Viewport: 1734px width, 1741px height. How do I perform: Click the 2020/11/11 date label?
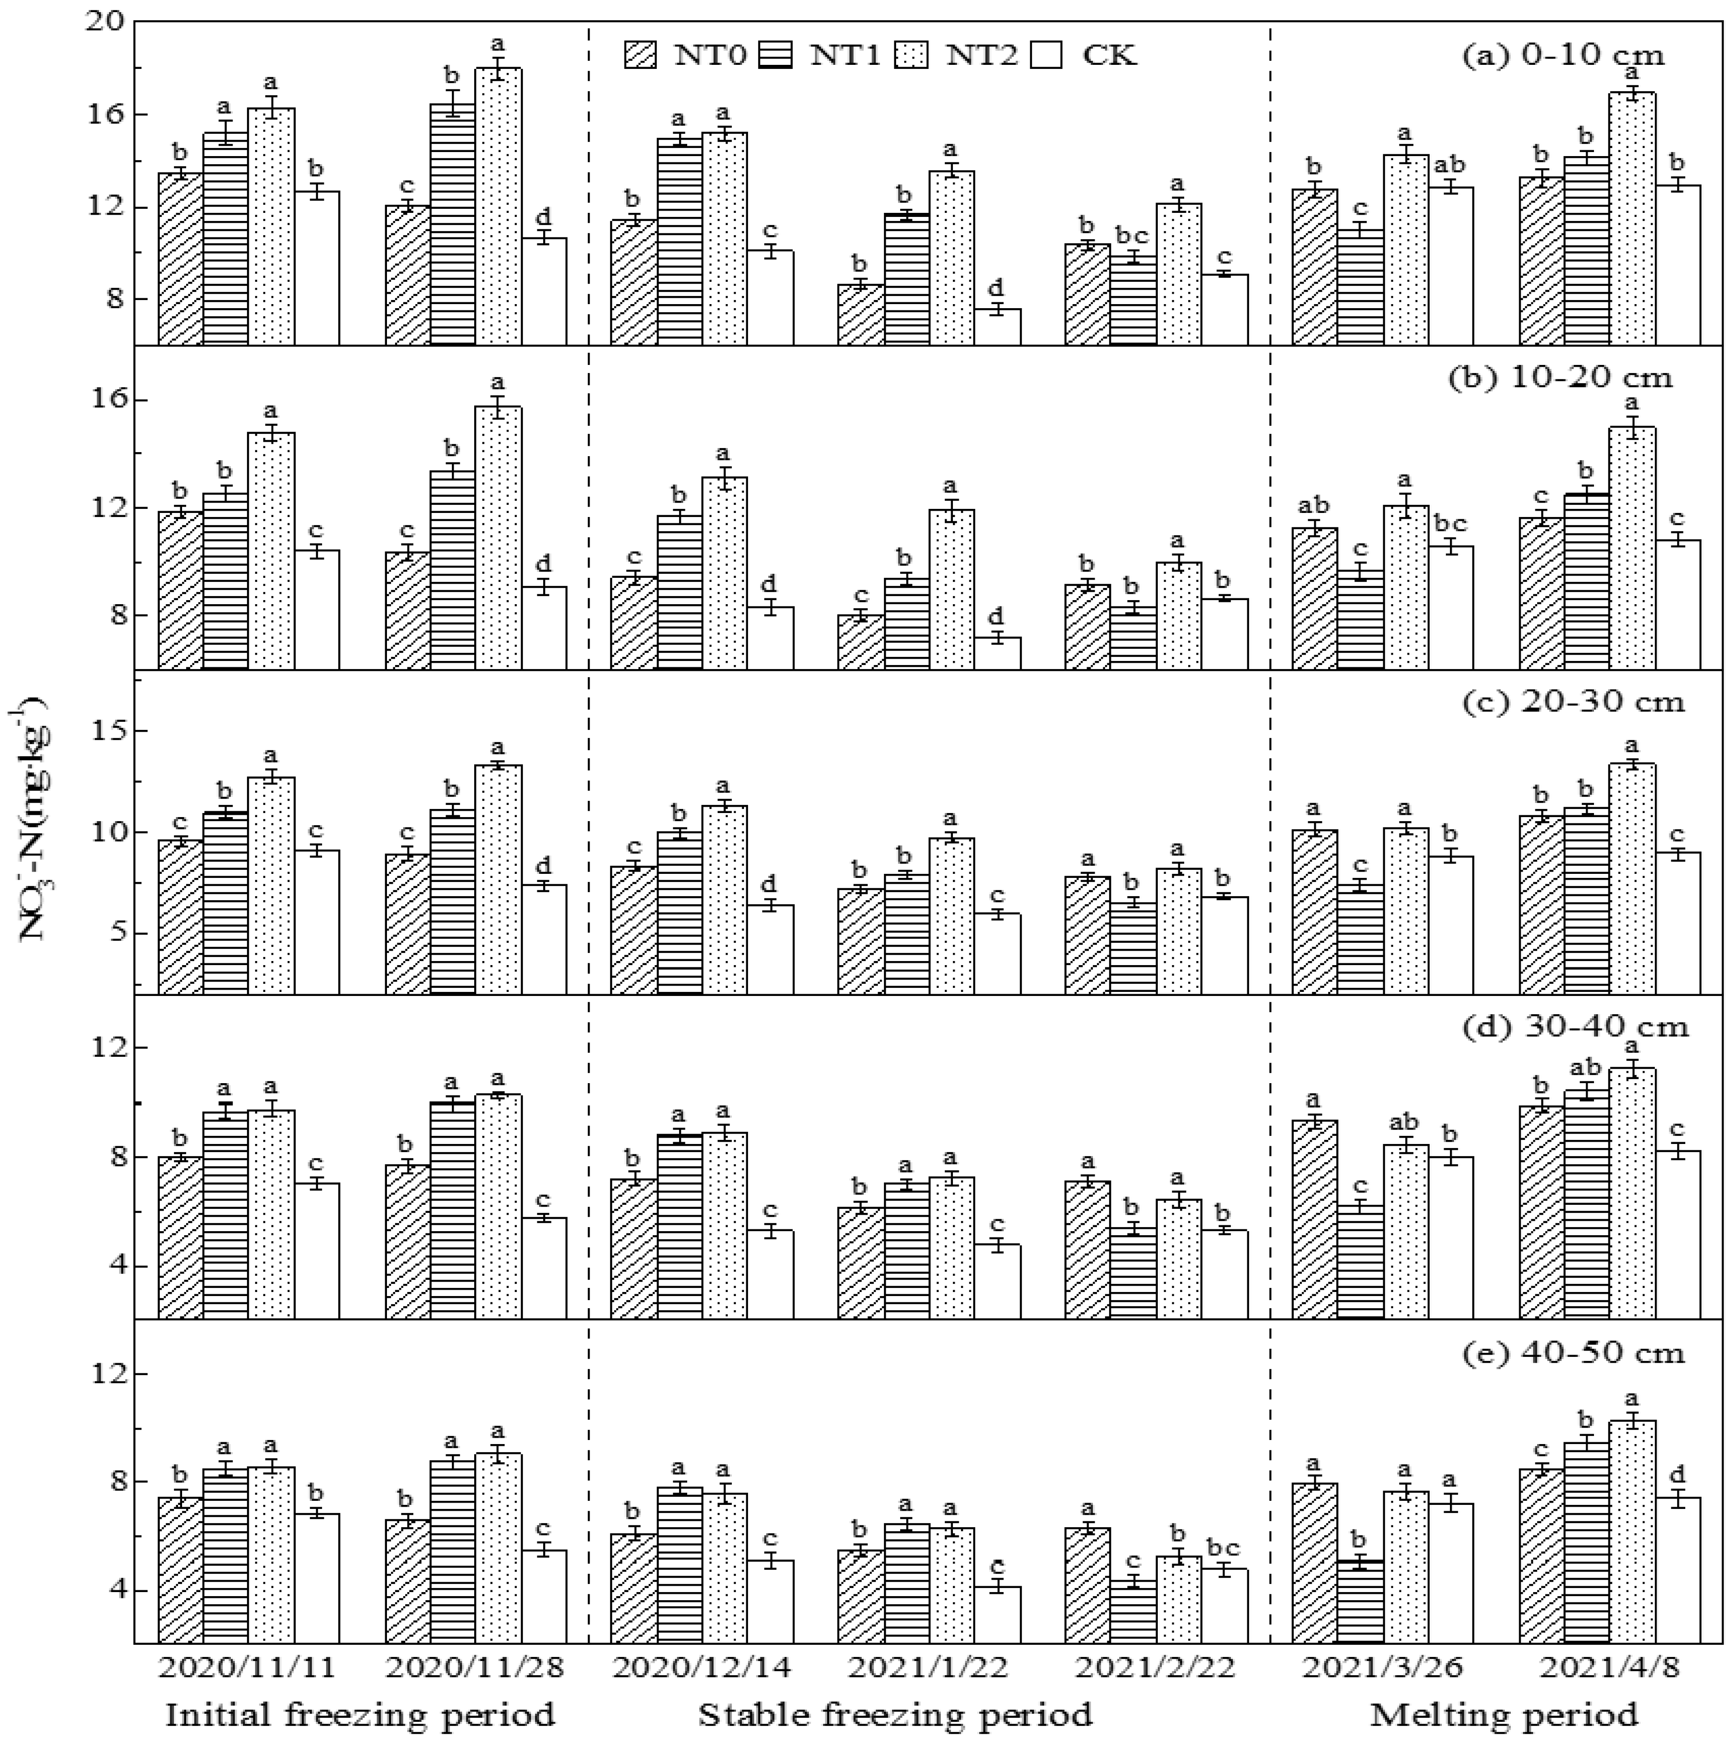pyautogui.click(x=247, y=1666)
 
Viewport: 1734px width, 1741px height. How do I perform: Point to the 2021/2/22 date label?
pyautogui.click(x=1156, y=1666)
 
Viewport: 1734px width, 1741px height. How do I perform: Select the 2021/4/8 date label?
pyautogui.click(x=1610, y=1666)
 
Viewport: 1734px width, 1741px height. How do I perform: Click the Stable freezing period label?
pyautogui.click(x=895, y=1713)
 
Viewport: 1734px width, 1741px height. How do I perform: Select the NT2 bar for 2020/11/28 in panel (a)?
pyautogui.click(x=498, y=207)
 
